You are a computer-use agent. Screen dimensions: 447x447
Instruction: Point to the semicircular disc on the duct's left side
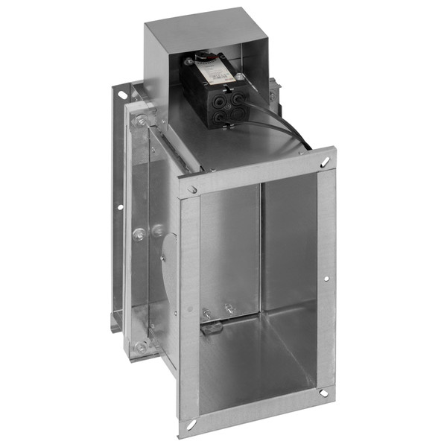169,268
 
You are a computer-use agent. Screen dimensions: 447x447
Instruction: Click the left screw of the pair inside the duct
206,314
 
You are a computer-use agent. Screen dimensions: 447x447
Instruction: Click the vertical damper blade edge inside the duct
260,246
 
